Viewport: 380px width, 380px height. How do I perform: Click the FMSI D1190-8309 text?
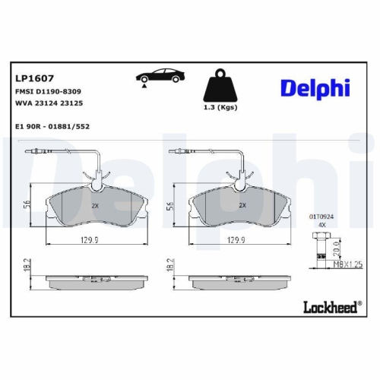pos(49,90)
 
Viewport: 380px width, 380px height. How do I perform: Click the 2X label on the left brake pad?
pos(96,205)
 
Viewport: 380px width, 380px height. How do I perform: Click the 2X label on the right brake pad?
pos(242,205)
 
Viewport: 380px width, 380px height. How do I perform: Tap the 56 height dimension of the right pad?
pos(171,204)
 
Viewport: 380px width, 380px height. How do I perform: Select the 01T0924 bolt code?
pos(321,217)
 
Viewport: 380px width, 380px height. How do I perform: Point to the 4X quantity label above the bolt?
pos(321,226)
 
